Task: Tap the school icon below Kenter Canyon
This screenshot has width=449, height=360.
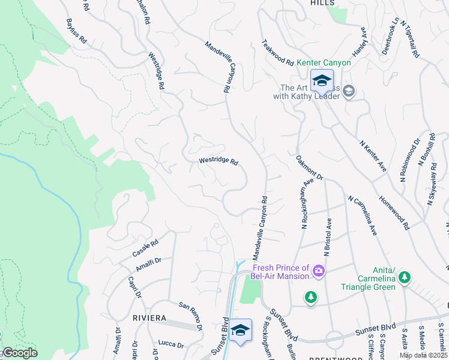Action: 322,80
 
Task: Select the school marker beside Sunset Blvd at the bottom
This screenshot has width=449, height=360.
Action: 240,331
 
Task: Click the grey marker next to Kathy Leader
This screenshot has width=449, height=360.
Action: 349,91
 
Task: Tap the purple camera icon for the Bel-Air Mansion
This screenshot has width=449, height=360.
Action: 319,272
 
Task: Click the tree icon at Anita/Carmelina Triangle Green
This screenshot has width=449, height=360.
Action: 405,277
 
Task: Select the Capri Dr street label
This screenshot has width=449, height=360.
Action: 134,286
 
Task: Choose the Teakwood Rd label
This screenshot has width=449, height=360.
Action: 277,53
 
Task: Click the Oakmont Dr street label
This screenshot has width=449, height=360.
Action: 309,169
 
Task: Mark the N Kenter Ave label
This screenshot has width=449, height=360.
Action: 372,155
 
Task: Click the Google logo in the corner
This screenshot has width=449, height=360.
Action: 19,353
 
